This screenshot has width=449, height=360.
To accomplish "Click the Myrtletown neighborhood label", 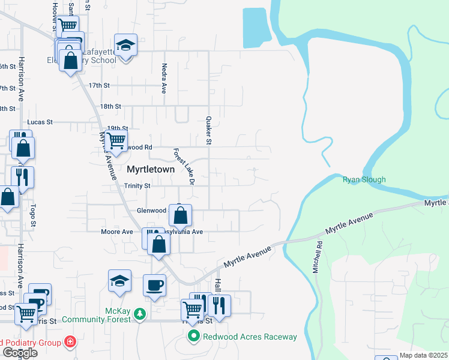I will (151, 170).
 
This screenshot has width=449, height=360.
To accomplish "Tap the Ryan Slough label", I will (364, 179).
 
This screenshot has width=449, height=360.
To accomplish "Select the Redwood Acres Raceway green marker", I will (193, 336).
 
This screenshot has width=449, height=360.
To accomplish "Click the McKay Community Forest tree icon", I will (140, 314).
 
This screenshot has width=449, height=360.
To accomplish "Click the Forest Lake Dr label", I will (184, 166).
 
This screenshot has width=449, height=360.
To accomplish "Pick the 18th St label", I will (110, 106).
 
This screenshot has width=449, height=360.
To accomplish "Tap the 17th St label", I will (99, 86).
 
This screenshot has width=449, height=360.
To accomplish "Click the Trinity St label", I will (137, 186).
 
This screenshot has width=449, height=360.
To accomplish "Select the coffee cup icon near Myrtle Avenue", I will (154, 284).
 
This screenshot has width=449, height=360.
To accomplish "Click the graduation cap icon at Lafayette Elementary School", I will (125, 46).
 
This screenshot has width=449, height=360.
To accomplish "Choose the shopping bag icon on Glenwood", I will (180, 215).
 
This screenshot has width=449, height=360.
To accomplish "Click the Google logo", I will (20, 353).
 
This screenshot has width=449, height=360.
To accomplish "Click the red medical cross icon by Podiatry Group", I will (71, 342).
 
